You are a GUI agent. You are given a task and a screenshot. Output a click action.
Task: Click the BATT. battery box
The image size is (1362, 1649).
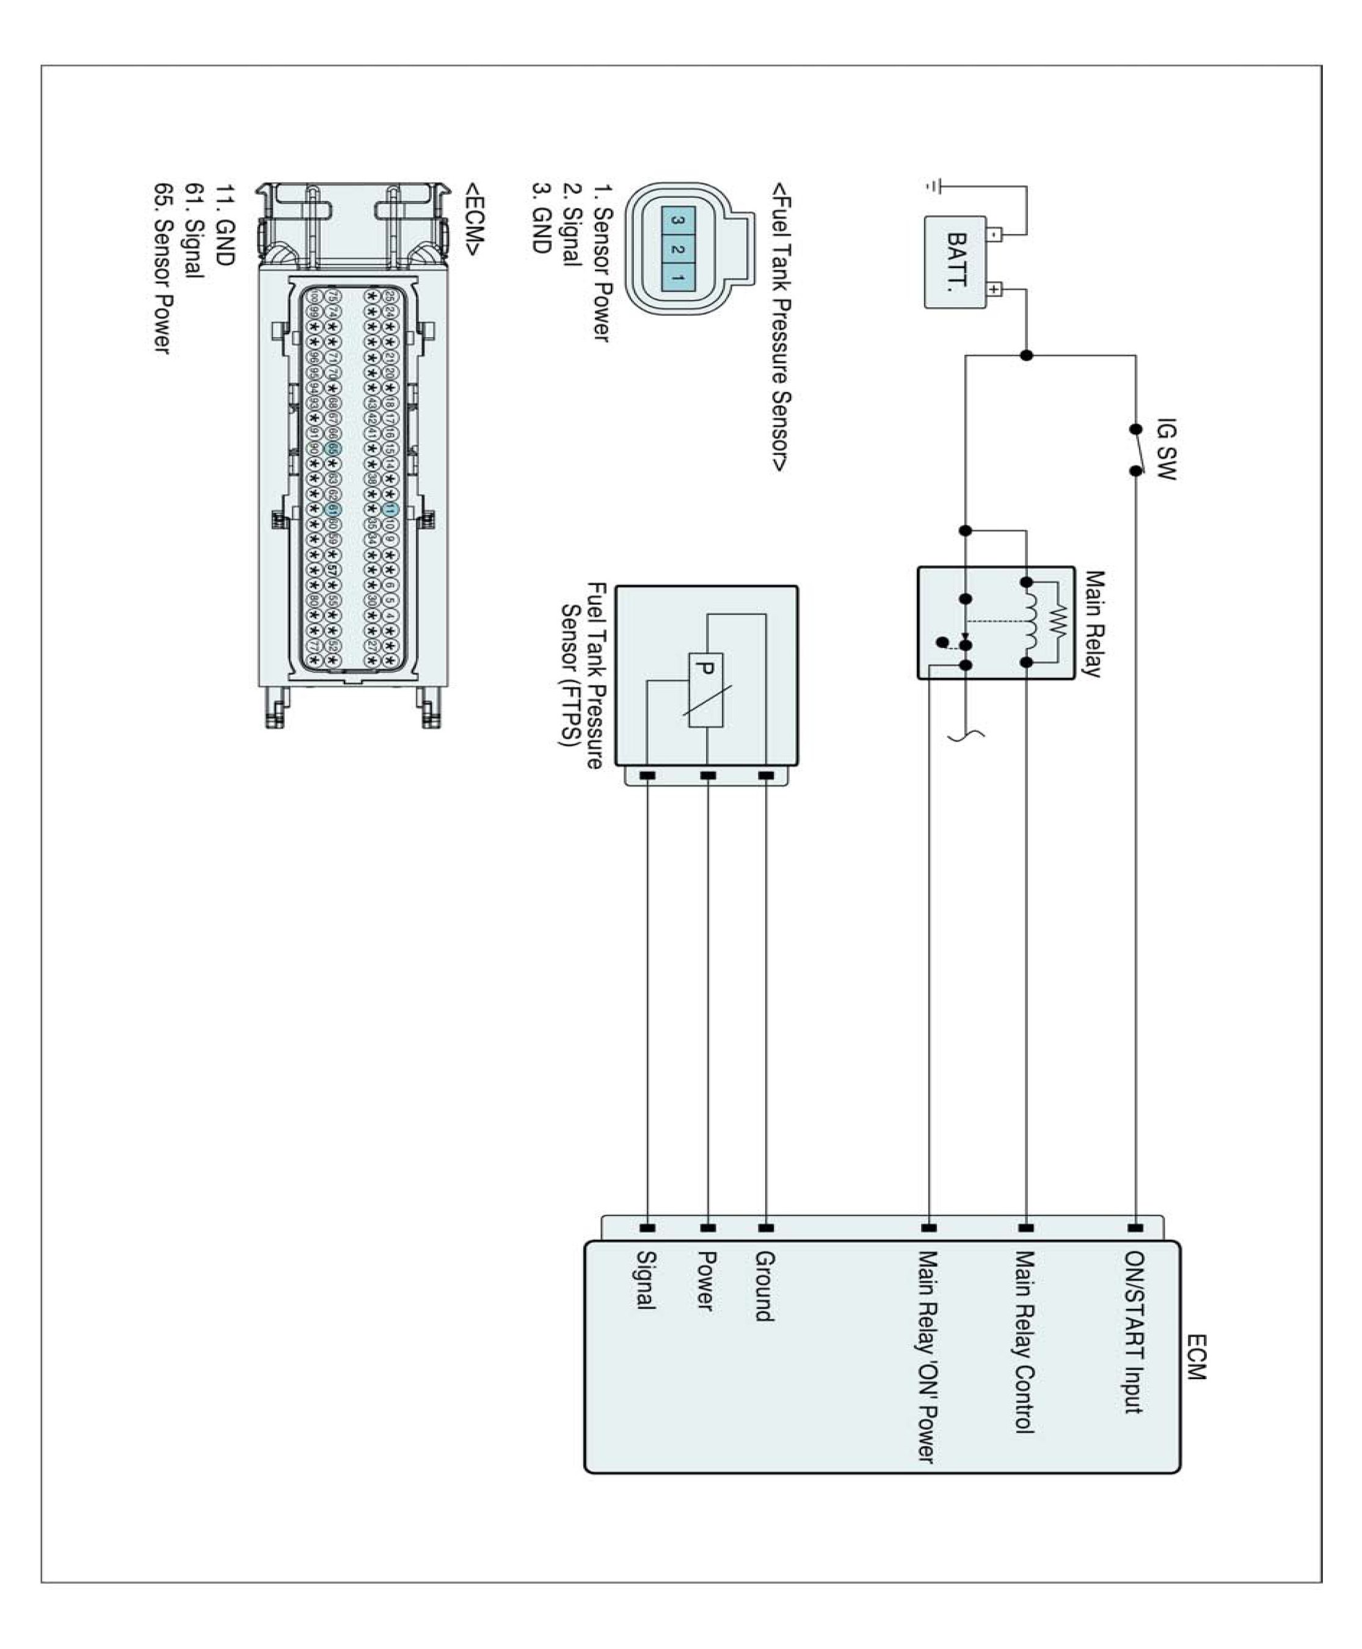point(956,262)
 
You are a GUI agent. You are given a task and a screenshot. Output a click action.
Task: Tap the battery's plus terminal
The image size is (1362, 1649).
point(994,289)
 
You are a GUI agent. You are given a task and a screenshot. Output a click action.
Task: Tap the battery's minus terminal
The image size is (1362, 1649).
point(994,234)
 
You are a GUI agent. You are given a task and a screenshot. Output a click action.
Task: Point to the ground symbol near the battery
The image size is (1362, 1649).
point(932,187)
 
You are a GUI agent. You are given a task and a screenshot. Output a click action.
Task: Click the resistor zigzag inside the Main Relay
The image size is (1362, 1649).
point(1059,623)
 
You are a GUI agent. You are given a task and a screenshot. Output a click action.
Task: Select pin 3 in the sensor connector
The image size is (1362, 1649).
point(679,221)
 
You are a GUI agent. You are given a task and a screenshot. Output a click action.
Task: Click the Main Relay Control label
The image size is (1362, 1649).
point(1025,1341)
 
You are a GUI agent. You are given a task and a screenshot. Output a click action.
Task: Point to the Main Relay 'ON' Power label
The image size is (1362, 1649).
point(927,1356)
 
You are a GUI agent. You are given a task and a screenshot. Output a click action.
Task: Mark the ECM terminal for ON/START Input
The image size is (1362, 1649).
point(1134,1227)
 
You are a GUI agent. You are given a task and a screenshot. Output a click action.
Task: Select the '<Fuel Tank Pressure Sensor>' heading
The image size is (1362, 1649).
point(781,327)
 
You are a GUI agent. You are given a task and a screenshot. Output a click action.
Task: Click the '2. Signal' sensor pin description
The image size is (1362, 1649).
point(571,225)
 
